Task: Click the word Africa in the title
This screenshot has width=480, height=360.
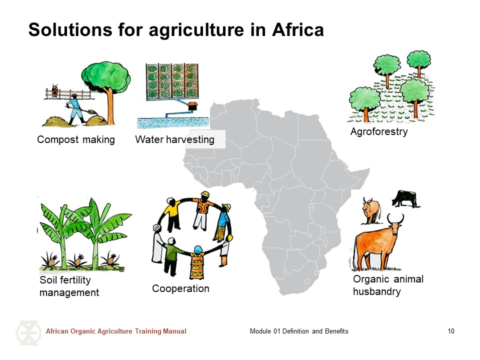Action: [x=297, y=29]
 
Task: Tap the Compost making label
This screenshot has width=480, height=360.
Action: [x=76, y=139]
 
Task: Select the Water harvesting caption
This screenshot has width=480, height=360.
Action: [x=175, y=139]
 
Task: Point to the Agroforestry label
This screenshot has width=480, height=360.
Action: [x=379, y=131]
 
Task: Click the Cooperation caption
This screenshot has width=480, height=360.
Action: [x=180, y=288]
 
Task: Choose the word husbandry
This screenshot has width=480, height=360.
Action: [x=377, y=291]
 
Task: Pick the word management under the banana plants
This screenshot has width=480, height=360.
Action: [x=69, y=292]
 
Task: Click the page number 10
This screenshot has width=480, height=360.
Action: [x=451, y=331]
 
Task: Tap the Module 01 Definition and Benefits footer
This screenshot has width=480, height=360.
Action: [x=299, y=331]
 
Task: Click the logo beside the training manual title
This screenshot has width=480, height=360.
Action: [x=28, y=333]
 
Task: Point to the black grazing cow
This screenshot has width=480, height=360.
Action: [x=404, y=198]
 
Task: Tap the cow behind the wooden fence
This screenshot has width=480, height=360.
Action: [x=55, y=90]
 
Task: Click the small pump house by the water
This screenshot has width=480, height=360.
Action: [x=192, y=106]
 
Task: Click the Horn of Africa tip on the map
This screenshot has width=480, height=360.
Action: [x=369, y=169]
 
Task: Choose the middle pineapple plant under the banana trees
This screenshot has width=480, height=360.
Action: [x=78, y=260]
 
